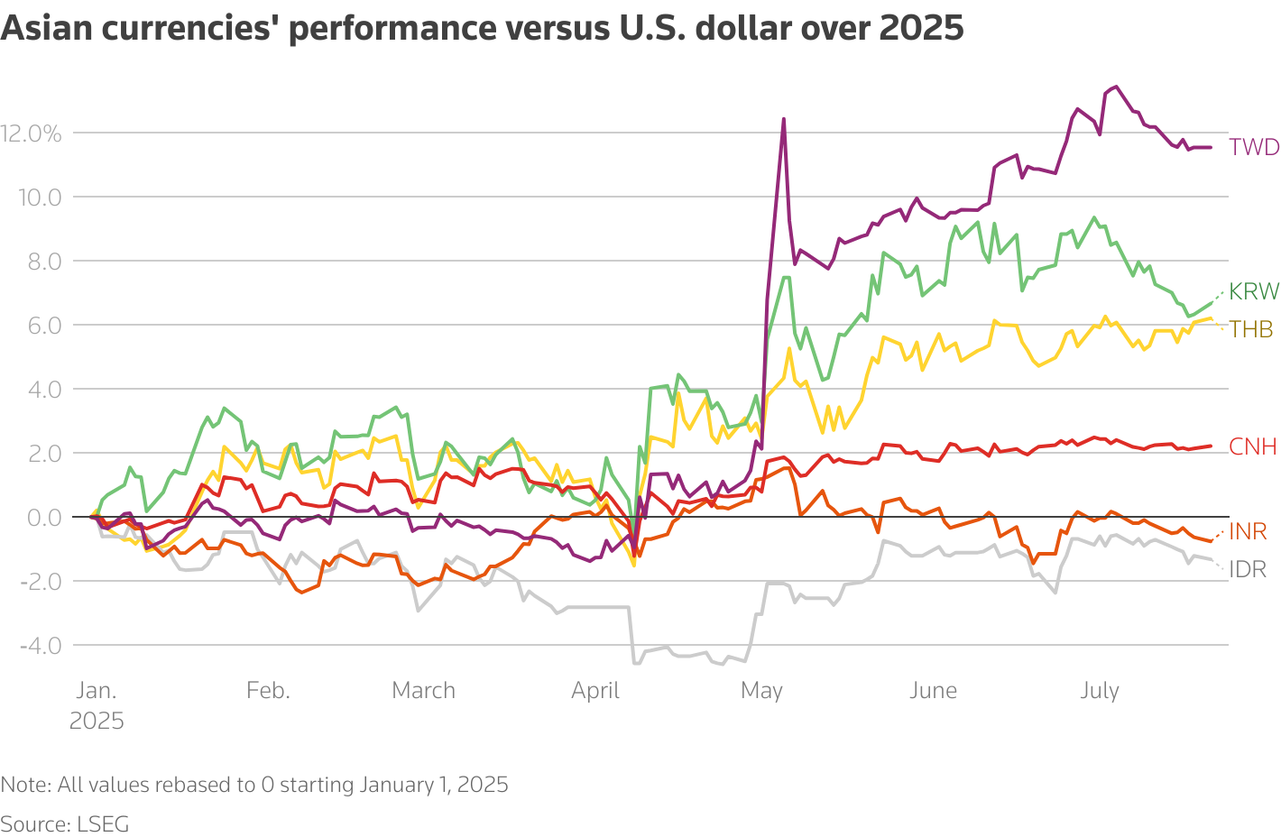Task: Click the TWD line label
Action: (x=1254, y=147)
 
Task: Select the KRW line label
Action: (x=1254, y=291)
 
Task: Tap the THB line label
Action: (x=1251, y=329)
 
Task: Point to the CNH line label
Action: (x=1253, y=446)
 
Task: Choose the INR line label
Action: (x=1248, y=531)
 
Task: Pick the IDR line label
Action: (x=1248, y=569)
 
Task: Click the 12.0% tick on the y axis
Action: (x=32, y=133)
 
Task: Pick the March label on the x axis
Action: (x=423, y=691)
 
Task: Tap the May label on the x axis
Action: (x=761, y=691)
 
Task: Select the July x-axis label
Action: (x=1099, y=691)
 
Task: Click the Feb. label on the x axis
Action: (x=268, y=691)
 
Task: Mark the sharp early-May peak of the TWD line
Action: (x=783, y=119)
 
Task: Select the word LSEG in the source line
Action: (x=103, y=824)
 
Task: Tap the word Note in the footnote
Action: (x=25, y=785)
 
